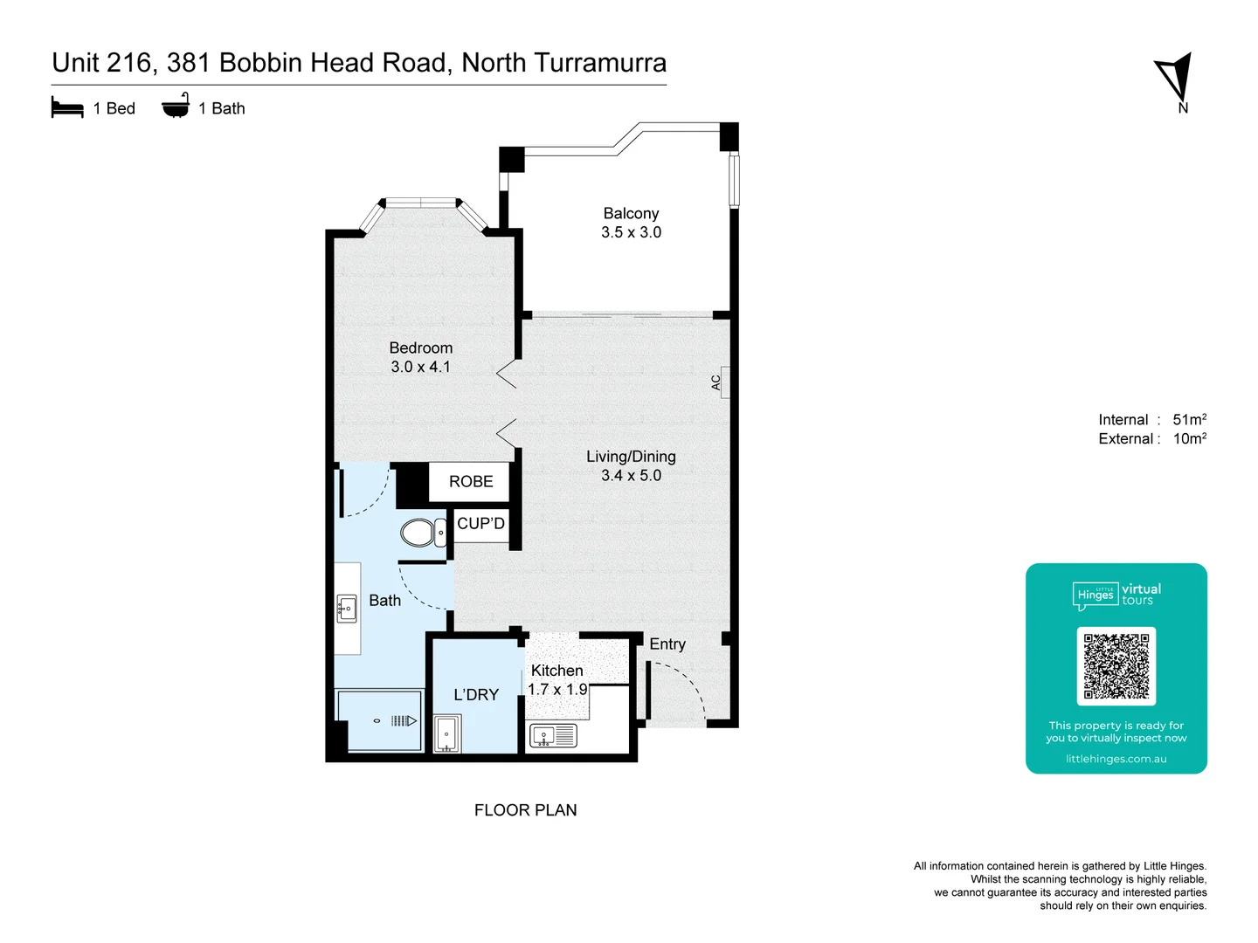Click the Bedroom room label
[420, 348]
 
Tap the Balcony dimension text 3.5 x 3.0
[631, 232]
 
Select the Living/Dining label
[631, 456]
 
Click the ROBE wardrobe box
[470, 481]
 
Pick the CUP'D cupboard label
[480, 523]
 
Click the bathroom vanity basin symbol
[347, 609]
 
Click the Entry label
[667, 644]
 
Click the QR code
[1116, 665]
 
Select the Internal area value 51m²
[1189, 419]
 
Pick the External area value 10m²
[1189, 438]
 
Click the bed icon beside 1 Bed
[67, 107]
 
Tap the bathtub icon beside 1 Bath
[176, 106]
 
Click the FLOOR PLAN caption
[525, 809]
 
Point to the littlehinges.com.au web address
[1116, 759]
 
